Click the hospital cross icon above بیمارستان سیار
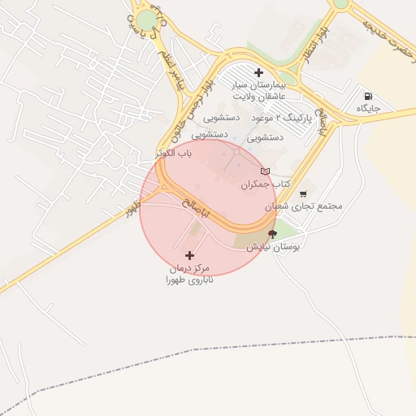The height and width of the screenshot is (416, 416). click(x=258, y=71)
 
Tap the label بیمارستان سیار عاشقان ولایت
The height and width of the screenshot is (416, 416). click(x=258, y=90)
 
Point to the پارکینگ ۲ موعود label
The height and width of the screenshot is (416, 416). click(x=256, y=119)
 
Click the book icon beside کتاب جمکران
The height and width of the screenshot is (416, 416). click(x=265, y=171)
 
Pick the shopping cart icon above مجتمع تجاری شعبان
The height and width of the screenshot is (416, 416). click(x=303, y=194)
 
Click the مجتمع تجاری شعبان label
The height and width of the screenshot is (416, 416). click(x=304, y=206)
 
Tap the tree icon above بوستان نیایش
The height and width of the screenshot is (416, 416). click(x=272, y=234)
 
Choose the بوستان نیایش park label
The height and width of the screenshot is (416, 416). click(x=274, y=246)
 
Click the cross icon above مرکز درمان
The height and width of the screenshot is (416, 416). click(x=189, y=255)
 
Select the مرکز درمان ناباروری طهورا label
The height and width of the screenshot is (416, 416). click(x=188, y=274)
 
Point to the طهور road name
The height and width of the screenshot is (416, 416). click(x=132, y=210)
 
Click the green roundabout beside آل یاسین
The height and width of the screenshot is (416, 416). click(x=146, y=21)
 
